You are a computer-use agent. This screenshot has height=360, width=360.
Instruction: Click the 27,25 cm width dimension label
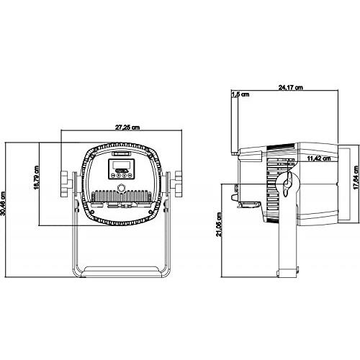(127, 127)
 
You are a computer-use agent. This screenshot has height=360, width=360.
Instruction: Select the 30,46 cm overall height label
(3, 203)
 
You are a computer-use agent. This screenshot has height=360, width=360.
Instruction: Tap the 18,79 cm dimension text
(36, 177)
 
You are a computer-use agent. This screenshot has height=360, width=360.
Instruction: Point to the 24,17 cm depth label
(290, 87)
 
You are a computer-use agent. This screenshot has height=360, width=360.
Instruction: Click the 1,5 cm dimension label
(240, 94)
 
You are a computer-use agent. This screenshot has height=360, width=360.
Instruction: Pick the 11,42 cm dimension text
(319, 158)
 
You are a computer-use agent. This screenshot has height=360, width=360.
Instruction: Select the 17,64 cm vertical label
(356, 178)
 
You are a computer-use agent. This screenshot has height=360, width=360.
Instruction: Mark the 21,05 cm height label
(219, 225)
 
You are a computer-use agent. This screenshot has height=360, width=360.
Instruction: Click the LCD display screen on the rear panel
(121, 165)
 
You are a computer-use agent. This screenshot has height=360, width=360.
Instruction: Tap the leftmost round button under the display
(113, 176)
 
